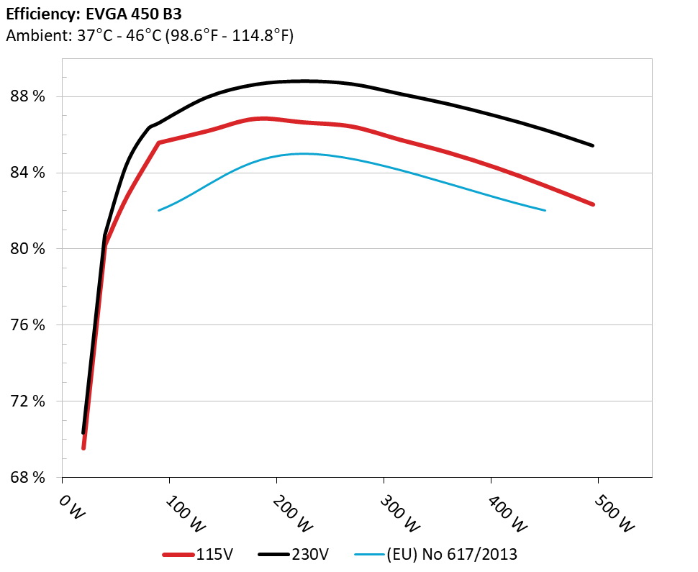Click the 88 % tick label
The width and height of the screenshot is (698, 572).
[x=26, y=96]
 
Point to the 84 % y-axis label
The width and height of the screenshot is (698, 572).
[x=26, y=173]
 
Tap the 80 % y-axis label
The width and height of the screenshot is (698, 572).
[x=26, y=249]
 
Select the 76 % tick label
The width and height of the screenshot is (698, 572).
[x=26, y=325]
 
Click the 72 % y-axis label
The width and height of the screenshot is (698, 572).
[x=26, y=401]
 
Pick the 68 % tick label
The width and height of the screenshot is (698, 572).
[x=26, y=478]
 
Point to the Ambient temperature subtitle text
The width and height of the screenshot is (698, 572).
[x=149, y=35]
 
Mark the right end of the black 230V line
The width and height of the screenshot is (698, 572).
[x=593, y=145]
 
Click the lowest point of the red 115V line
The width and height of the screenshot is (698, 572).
[x=83, y=448]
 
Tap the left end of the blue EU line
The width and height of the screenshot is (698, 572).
[x=158, y=210]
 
